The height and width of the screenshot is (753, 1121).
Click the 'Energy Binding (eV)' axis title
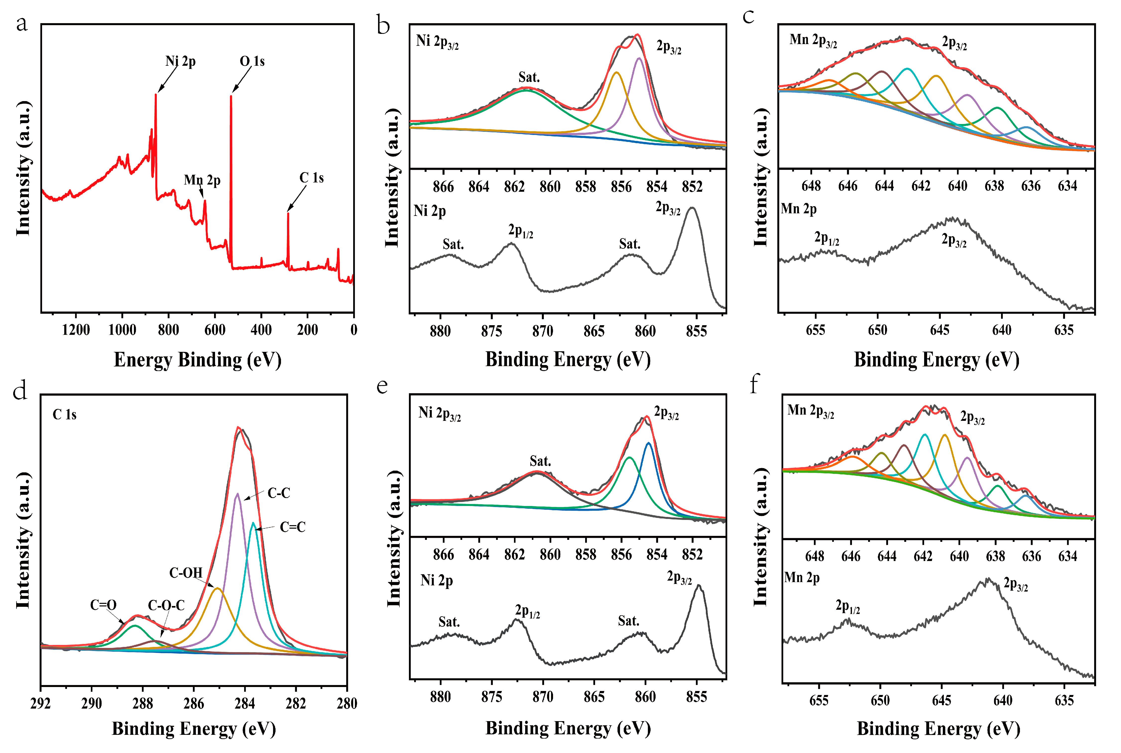(197, 360)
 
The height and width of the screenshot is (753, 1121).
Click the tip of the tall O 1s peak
(231, 96)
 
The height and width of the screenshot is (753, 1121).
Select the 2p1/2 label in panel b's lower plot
(521, 231)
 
